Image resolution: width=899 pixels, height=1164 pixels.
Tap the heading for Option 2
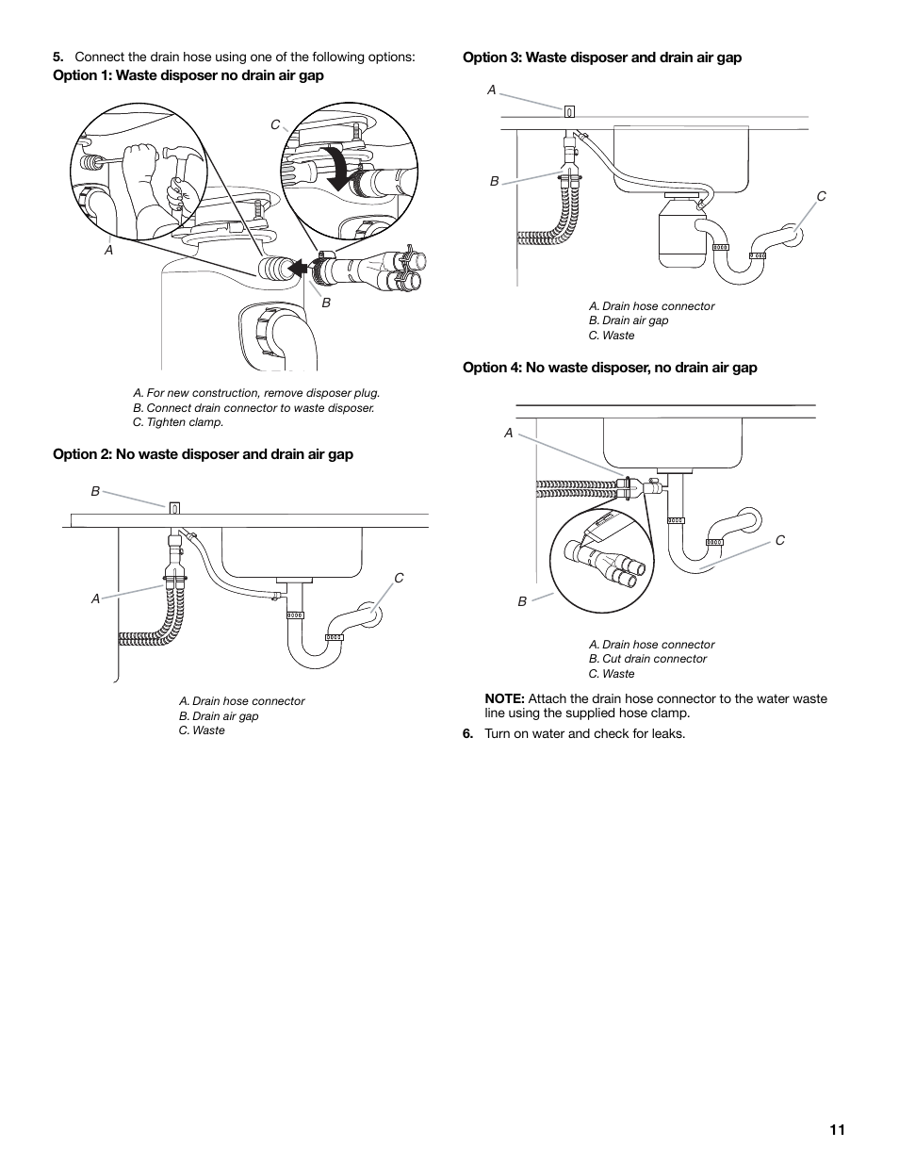(x=203, y=454)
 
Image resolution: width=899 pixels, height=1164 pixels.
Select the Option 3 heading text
(x=601, y=57)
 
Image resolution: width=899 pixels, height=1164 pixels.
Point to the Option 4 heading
(x=609, y=368)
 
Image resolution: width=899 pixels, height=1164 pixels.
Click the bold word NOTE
(x=504, y=698)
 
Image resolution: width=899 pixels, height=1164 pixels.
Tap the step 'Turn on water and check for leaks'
(x=584, y=733)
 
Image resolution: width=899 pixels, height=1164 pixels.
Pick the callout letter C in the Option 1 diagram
(x=275, y=124)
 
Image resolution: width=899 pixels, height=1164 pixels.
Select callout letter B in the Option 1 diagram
(x=327, y=303)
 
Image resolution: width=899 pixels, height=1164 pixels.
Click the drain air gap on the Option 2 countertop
(x=174, y=508)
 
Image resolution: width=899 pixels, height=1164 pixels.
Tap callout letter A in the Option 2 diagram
(x=95, y=598)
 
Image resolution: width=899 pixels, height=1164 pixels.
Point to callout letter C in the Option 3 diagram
(x=821, y=196)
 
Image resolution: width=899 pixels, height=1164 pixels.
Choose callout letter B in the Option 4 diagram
(x=522, y=601)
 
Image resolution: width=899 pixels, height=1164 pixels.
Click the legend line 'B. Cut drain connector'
(x=646, y=659)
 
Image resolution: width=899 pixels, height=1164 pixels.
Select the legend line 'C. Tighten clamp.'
(x=178, y=422)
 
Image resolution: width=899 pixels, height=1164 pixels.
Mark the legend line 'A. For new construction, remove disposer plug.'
(x=256, y=393)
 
